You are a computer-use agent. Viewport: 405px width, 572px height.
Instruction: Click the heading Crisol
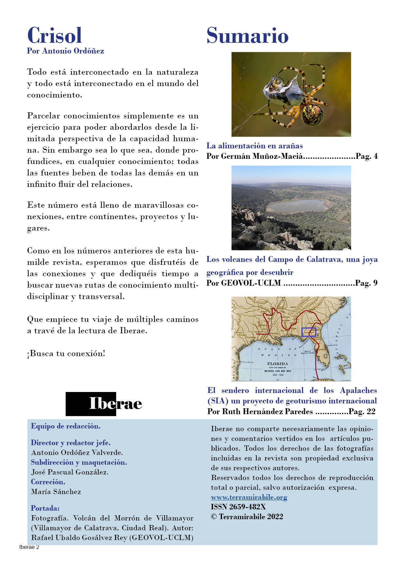tap(55, 35)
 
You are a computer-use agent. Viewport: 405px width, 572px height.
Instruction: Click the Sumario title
tap(247, 36)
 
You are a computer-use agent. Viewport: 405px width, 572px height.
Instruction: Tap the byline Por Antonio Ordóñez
tap(65, 51)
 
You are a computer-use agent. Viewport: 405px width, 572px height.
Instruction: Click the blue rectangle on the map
tap(309, 332)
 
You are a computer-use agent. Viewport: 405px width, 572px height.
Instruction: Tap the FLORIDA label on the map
tap(277, 364)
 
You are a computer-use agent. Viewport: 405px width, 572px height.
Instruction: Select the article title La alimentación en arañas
tap(254, 146)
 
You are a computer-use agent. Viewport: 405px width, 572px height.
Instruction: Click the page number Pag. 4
tap(366, 156)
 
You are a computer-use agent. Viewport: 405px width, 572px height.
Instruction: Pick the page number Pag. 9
tap(366, 283)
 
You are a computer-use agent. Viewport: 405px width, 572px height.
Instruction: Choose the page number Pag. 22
tap(362, 411)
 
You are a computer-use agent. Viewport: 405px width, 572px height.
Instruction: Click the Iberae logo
tap(104, 404)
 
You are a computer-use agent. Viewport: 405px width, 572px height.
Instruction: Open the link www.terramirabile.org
tap(249, 497)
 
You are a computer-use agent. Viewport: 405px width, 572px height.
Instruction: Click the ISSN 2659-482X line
tap(238, 507)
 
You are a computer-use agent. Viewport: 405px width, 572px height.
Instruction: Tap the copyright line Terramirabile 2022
tap(247, 517)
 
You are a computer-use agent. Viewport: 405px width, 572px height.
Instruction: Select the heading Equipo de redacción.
tap(66, 426)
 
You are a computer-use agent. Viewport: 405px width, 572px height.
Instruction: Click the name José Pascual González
tap(70, 472)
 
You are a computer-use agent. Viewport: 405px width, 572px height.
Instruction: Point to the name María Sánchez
tap(56, 491)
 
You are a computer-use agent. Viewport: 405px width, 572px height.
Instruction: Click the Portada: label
tap(45, 508)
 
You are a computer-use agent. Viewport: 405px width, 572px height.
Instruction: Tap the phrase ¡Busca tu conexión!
tap(66, 354)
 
